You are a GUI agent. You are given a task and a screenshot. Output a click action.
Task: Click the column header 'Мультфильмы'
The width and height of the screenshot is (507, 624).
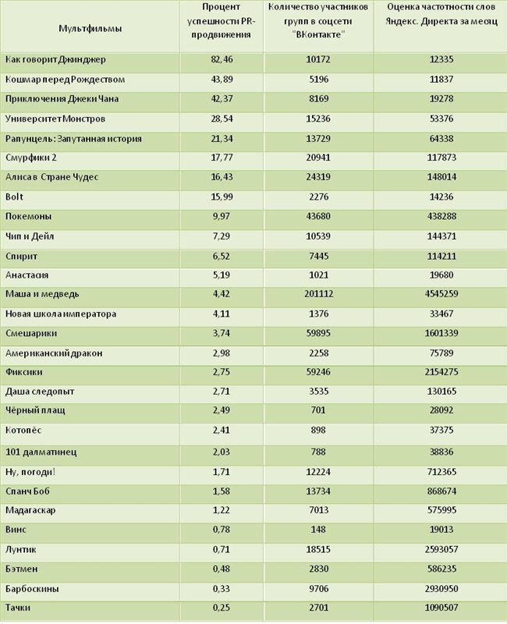tap(90, 28)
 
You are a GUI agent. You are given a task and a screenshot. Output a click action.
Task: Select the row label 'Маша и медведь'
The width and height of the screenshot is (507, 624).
tap(42, 294)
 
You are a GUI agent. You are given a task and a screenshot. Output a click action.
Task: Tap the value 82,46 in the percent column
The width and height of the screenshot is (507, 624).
tap(222, 59)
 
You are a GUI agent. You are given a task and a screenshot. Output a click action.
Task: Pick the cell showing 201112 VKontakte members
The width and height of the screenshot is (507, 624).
tap(318, 294)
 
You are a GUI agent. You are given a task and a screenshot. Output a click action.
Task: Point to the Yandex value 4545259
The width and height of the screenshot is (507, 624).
tap(441, 294)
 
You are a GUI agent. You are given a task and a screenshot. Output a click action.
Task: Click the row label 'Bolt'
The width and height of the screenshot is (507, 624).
tap(14, 197)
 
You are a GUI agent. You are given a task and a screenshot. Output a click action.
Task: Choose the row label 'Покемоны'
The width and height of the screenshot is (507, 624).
tap(28, 217)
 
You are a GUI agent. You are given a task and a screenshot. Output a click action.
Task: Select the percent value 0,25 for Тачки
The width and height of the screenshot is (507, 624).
tap(221, 608)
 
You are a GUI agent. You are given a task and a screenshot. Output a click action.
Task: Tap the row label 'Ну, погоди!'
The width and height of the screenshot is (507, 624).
tap(30, 472)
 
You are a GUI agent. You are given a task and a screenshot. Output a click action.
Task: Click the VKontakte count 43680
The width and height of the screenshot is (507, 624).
tap(318, 217)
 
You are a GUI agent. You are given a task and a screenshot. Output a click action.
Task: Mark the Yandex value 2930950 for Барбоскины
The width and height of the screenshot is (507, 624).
tap(441, 589)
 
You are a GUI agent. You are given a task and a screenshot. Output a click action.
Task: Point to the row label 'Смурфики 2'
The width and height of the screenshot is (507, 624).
tap(31, 158)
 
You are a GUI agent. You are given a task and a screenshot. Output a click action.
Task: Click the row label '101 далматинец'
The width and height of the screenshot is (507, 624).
tap(41, 452)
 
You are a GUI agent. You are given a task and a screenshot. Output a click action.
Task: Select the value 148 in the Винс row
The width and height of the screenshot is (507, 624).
tap(318, 530)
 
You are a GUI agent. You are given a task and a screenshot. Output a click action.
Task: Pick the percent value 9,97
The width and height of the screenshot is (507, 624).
tap(221, 217)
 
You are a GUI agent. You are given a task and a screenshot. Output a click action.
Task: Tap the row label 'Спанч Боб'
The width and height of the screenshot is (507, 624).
tap(27, 491)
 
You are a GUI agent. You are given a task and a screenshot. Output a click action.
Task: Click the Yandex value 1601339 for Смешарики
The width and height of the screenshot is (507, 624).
tap(441, 333)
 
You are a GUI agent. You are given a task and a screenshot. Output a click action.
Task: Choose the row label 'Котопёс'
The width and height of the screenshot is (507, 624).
tap(23, 431)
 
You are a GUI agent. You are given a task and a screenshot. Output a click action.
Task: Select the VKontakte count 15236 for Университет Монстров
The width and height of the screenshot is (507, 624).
tap(318, 119)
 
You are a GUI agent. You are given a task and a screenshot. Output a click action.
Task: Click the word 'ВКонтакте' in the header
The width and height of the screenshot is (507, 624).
tap(318, 34)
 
